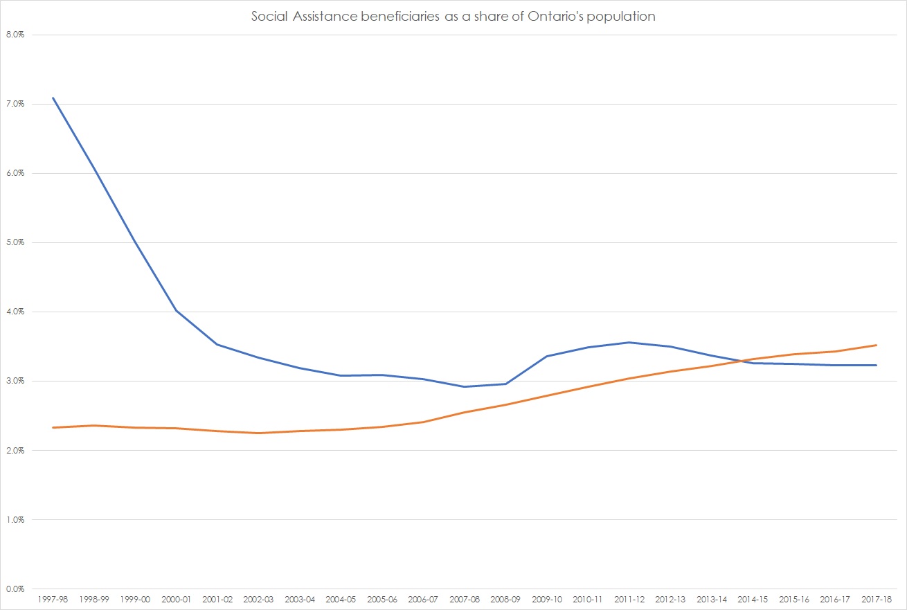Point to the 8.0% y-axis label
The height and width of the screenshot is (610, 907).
pyautogui.click(x=15, y=35)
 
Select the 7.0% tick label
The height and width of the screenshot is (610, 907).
pyautogui.click(x=15, y=104)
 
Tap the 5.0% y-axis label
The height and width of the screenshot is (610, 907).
pyautogui.click(x=15, y=242)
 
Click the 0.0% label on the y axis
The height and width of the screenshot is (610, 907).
pyautogui.click(x=15, y=589)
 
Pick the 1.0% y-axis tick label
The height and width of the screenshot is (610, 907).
pyautogui.click(x=15, y=520)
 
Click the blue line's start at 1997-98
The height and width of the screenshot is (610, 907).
pyautogui.click(x=53, y=98)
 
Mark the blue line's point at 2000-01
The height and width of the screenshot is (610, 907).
pyautogui.click(x=177, y=311)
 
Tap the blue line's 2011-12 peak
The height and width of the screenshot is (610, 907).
pyautogui.click(x=629, y=342)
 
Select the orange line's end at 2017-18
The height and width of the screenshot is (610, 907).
pyautogui.click(x=877, y=345)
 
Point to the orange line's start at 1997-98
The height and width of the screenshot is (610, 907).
pyautogui.click(x=53, y=427)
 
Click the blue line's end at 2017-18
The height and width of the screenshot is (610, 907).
pyautogui.click(x=877, y=365)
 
